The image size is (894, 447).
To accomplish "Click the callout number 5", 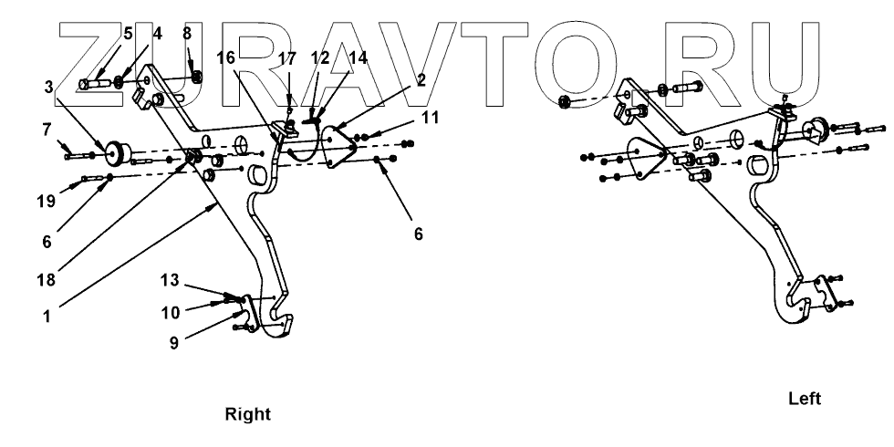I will click(x=128, y=34).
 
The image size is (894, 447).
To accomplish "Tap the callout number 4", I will click(x=157, y=34).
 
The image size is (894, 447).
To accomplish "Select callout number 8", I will click(x=187, y=34).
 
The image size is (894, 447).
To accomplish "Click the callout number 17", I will click(x=287, y=57).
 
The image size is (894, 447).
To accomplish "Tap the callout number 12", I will click(x=320, y=57).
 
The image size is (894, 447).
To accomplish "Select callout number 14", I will click(x=358, y=57).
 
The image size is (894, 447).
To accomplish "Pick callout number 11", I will click(x=430, y=118).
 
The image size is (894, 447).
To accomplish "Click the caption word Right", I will click(x=248, y=415).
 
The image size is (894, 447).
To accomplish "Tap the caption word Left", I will click(x=806, y=400).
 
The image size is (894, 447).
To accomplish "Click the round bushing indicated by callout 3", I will click(x=117, y=151).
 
